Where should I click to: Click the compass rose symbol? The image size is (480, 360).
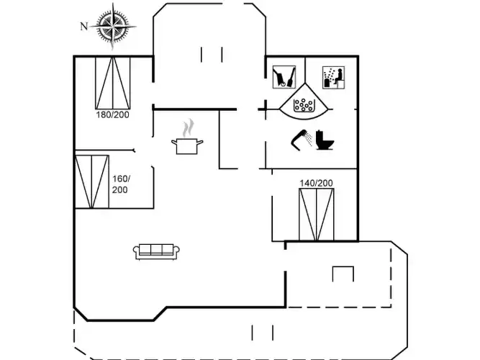113,26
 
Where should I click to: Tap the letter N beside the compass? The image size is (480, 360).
84,27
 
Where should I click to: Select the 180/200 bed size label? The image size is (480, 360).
113,115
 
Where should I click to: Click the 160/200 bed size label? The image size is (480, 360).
121,184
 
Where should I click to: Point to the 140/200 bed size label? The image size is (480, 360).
316,183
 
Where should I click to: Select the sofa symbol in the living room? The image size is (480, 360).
156,251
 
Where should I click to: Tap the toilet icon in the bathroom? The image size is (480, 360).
325,140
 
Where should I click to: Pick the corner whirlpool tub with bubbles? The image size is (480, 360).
304,99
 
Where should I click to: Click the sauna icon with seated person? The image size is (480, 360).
333,78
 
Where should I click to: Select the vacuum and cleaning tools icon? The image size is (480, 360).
284,77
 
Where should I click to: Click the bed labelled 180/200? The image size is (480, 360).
113,83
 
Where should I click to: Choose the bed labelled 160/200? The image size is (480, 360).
92,181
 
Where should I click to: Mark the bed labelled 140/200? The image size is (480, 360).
316,215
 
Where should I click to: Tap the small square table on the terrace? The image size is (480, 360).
343,274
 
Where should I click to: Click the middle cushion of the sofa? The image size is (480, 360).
156,249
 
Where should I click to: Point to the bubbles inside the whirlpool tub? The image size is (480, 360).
304,104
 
